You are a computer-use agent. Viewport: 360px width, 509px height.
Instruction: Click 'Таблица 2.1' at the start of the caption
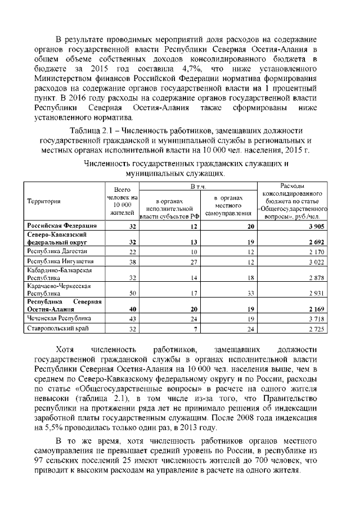coord(94,130)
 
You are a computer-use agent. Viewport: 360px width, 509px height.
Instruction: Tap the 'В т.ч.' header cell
coord(198,186)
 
